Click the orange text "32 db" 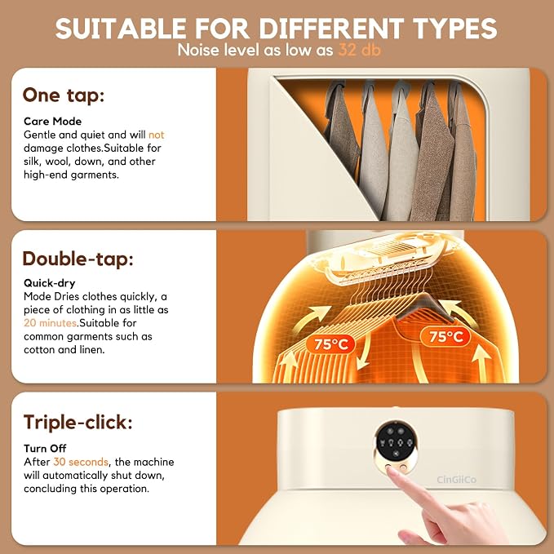click(x=359, y=50)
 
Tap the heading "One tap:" click(x=64, y=95)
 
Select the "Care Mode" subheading click(x=53, y=122)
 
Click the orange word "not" click(x=156, y=135)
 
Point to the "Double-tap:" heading click(x=78, y=259)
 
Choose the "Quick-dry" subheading click(x=50, y=283)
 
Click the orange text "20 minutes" click(x=51, y=322)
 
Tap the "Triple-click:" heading click(x=78, y=422)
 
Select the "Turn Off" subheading click(x=45, y=449)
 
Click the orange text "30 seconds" click(x=81, y=462)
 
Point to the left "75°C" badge click(x=330, y=343)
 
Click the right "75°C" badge click(x=445, y=337)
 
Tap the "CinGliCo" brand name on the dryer click(x=456, y=480)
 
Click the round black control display click(x=396, y=441)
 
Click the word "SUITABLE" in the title click(x=121, y=29)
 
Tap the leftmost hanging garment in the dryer click(x=341, y=127)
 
